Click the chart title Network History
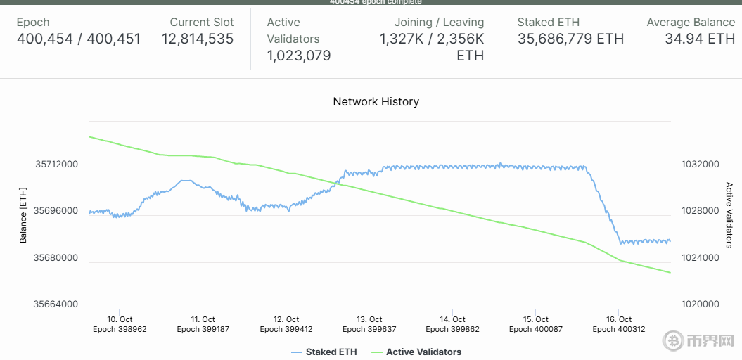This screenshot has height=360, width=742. pos(376,102)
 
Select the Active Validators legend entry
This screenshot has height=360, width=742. pos(423,352)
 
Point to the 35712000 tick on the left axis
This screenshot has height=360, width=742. pos(57,165)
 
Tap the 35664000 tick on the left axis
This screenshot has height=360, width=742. pos(57,305)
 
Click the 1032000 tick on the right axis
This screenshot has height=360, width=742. pos(700,165)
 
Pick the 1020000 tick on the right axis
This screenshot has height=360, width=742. pos(700,305)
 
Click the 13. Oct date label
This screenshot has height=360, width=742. pos(369,320)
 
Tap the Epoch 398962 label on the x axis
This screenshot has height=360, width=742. pos(120,329)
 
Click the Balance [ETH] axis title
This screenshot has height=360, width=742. pos(23,215)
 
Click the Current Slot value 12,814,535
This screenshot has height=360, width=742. pos(198,39)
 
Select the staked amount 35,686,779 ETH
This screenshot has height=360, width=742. pos(570,39)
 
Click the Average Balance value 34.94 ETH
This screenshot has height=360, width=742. pos(700,39)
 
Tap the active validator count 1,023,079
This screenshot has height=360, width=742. pos(299,56)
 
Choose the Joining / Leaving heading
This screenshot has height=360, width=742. pos(439,22)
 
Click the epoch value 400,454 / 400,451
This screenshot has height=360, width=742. pos(79,39)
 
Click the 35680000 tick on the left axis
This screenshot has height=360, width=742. pos(57,258)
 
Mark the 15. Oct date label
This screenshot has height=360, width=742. pos(535,320)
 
